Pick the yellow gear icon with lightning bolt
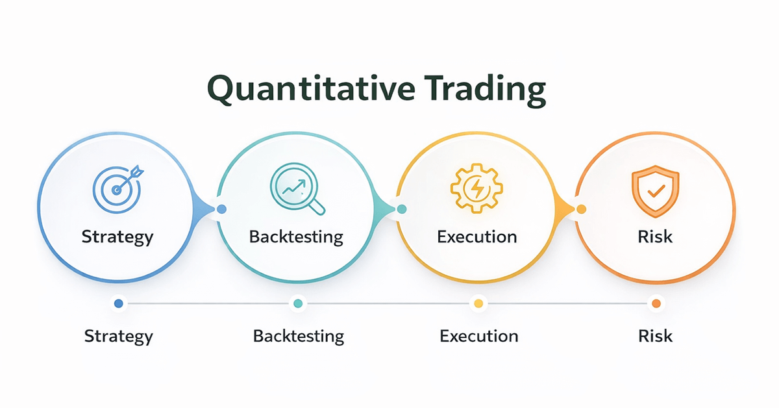[476, 188]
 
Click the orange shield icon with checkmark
[655, 188]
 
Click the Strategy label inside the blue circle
[117, 236]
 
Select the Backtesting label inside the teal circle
[296, 236]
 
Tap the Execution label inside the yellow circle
[477, 236]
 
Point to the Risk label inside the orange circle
[655, 236]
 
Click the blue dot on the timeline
[118, 303]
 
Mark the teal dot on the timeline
[298, 303]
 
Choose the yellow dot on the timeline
[478, 303]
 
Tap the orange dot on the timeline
[656, 303]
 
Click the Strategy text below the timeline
[119, 336]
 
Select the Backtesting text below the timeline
[299, 336]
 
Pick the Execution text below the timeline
[479, 336]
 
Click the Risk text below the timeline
[656, 336]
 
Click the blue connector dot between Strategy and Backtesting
[222, 209]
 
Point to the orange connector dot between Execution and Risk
[581, 209]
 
